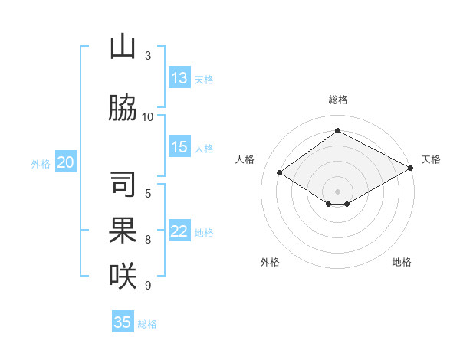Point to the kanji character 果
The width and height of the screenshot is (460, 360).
click(123, 230)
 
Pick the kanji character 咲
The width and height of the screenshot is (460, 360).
click(123, 275)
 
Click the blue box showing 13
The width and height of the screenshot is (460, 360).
click(179, 78)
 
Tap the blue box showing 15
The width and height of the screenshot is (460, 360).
click(179, 148)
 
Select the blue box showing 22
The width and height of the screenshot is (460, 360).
click(179, 232)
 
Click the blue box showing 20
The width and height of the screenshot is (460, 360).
click(66, 162)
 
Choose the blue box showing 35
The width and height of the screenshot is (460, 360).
click(123, 322)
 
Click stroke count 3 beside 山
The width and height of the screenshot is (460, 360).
click(148, 56)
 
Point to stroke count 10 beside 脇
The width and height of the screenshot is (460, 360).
click(148, 116)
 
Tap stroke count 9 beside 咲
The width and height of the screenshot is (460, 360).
click(148, 286)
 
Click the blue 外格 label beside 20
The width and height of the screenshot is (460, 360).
click(41, 163)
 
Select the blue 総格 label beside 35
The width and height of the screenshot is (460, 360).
click(147, 324)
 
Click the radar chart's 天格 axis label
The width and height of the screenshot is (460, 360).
click(431, 159)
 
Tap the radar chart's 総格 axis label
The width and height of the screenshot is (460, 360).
click(337, 100)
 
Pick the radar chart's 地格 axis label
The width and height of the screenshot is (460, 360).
click(402, 262)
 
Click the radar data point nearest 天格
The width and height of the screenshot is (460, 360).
click(411, 169)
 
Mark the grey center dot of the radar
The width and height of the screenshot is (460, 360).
click(337, 190)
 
